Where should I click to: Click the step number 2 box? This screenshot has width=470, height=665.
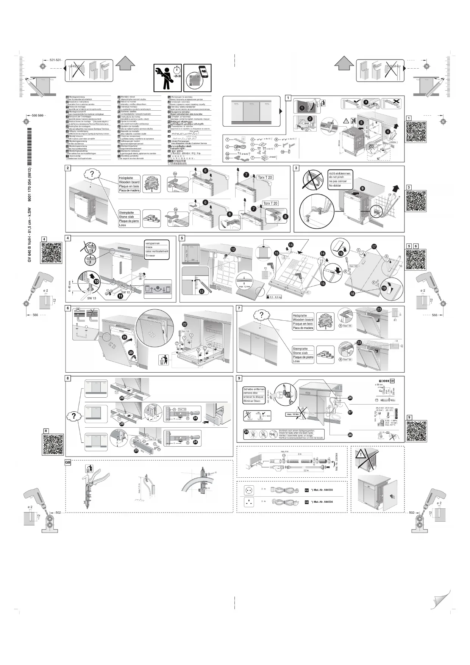(68, 168)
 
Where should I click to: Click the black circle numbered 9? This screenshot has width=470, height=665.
(362, 188)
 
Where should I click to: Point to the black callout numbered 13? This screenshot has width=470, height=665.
(202, 291)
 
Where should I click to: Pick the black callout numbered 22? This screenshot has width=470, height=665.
(184, 324)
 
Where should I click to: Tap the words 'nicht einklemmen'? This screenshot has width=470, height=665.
(340, 173)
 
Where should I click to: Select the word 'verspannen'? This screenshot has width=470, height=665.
(152, 243)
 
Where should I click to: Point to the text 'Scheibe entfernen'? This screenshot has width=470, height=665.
(254, 389)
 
